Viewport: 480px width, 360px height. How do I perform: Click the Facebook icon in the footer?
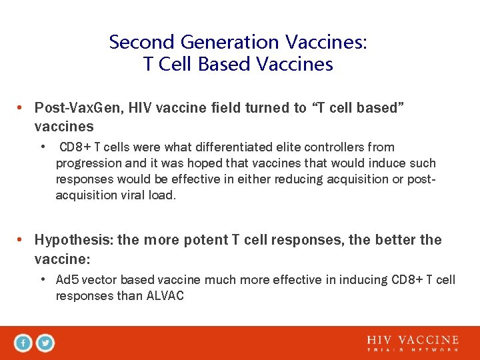click(23, 343)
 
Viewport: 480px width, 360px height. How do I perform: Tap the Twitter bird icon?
click(45, 343)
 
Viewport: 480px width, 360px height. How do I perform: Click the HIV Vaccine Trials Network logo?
click(413, 343)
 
